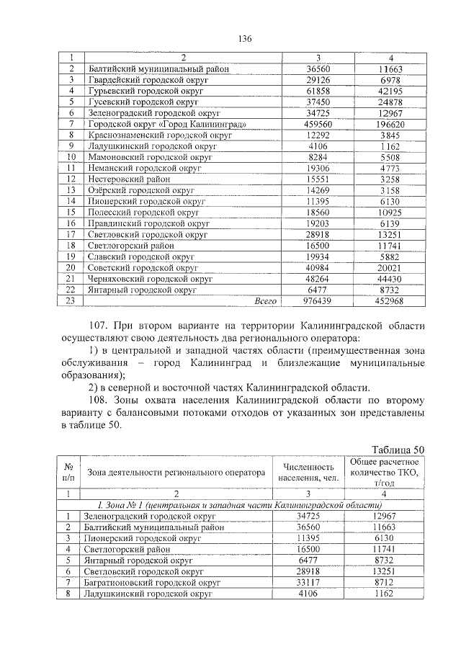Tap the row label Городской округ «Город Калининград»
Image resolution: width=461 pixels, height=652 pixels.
(x=167, y=125)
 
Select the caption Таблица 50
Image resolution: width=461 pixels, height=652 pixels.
(x=396, y=450)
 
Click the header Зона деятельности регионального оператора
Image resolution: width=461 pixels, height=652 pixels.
(x=176, y=473)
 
